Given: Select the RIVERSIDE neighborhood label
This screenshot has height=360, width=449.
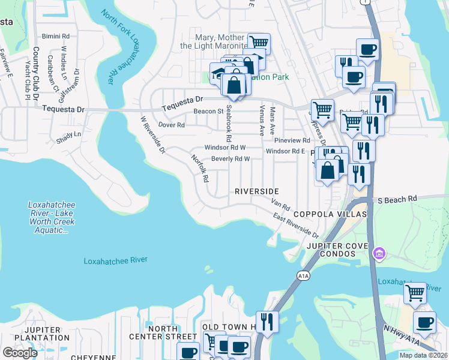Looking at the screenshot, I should tap(257, 191).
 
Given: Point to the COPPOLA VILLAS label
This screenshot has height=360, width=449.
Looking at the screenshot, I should tap(330, 214).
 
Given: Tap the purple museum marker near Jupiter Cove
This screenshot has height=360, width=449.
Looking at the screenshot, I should tap(378, 253).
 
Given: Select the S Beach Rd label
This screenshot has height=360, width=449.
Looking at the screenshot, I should tap(394, 199).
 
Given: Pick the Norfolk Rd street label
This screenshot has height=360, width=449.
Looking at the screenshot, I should tap(199, 169).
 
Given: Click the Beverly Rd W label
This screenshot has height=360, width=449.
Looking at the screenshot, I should tap(230, 159).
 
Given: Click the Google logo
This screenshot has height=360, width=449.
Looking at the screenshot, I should tap(20, 352).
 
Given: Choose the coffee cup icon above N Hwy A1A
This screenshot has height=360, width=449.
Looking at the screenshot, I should tap(424, 322).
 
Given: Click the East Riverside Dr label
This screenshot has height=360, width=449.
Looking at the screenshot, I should tap(296, 224).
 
